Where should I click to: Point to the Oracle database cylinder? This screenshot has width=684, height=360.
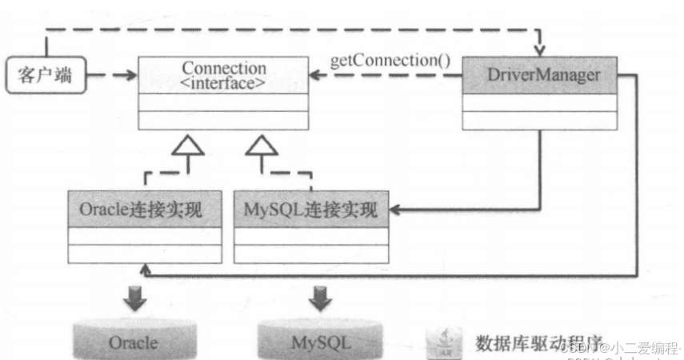134,342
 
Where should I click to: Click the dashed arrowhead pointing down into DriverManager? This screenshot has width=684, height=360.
542,49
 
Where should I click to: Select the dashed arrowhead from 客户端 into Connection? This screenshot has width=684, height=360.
130,76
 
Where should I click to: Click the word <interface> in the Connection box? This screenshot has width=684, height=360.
224,82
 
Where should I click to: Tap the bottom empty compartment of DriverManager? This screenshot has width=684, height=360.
542,120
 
